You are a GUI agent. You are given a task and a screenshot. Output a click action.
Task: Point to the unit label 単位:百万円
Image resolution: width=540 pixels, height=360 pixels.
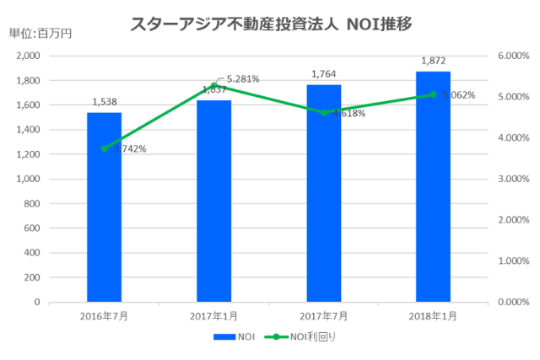[x=40, y=34]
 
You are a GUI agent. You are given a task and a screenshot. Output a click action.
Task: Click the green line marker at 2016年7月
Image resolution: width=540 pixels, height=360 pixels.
[x=104, y=148]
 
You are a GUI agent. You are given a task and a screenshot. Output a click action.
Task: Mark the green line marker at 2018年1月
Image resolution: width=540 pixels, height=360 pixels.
[x=433, y=94]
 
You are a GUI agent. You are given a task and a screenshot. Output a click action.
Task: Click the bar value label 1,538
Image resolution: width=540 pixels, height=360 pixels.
[x=104, y=102]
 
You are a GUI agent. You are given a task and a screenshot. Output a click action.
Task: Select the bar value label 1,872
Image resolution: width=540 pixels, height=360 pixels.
[x=433, y=61]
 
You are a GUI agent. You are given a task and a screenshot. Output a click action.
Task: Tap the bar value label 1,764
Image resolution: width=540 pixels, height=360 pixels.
[x=323, y=74]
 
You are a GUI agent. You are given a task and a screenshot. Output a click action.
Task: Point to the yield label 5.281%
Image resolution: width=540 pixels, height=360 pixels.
[x=242, y=79]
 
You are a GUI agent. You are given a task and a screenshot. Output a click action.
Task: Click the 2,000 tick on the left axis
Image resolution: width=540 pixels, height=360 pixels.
[x=29, y=56]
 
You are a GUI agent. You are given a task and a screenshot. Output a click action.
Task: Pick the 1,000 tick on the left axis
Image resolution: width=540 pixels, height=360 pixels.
[x=29, y=179]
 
